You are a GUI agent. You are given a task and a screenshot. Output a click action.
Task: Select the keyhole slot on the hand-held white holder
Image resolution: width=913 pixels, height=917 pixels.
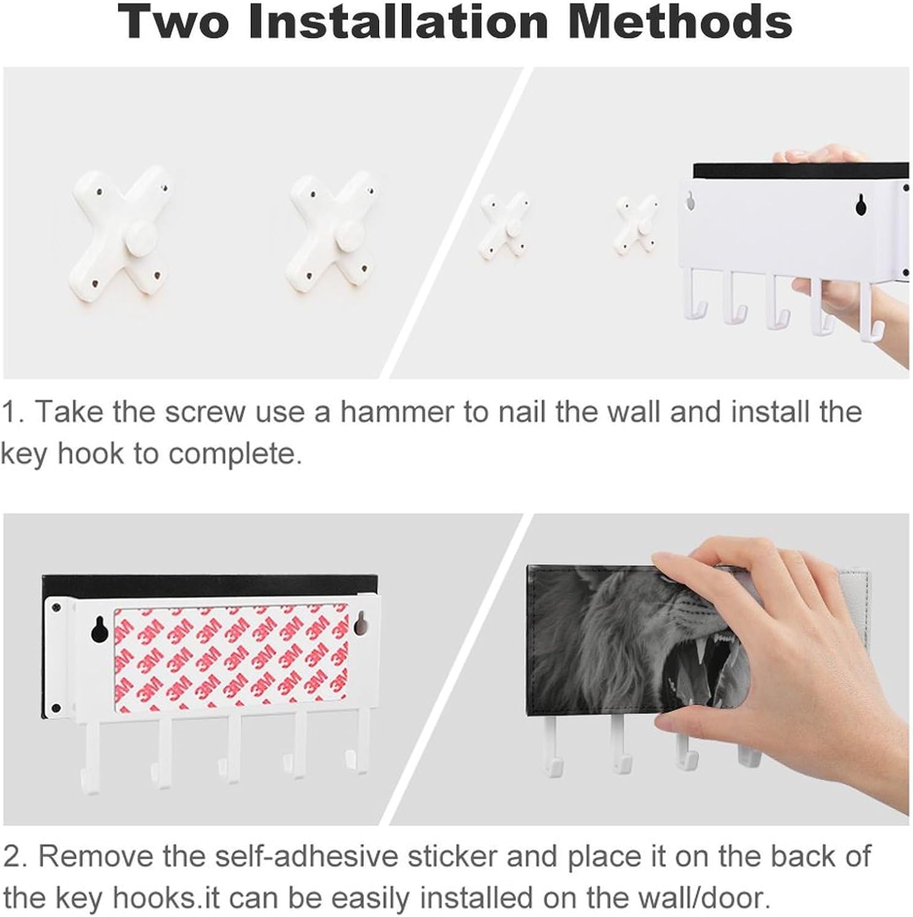click(861, 205)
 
